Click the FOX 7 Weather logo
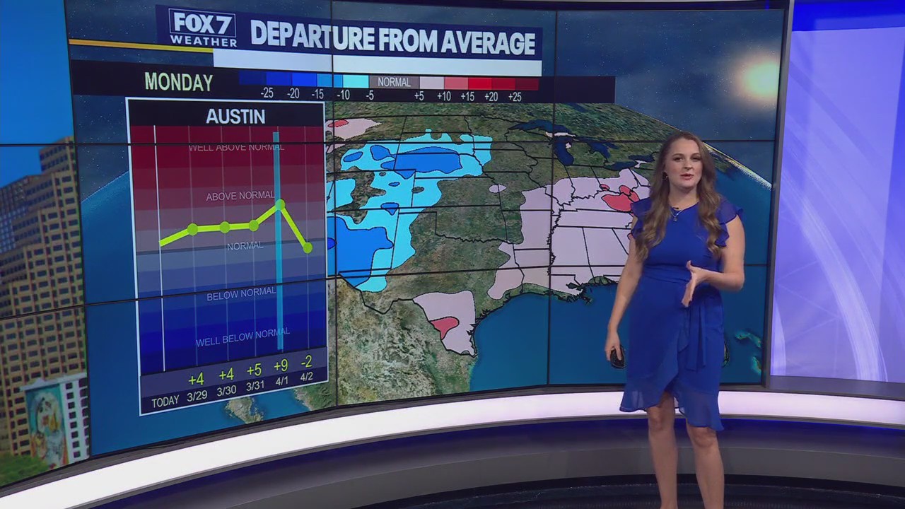(202, 28)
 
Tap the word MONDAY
(178, 83)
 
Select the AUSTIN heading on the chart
(235, 117)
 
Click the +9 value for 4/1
(280, 366)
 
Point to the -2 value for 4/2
(306, 362)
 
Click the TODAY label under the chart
(165, 402)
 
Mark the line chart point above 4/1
(280, 204)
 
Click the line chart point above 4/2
(307, 247)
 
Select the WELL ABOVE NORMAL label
(236, 148)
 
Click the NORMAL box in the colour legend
(394, 82)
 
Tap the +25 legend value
(515, 96)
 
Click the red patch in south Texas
(445, 326)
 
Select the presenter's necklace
(676, 213)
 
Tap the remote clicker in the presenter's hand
(617, 358)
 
